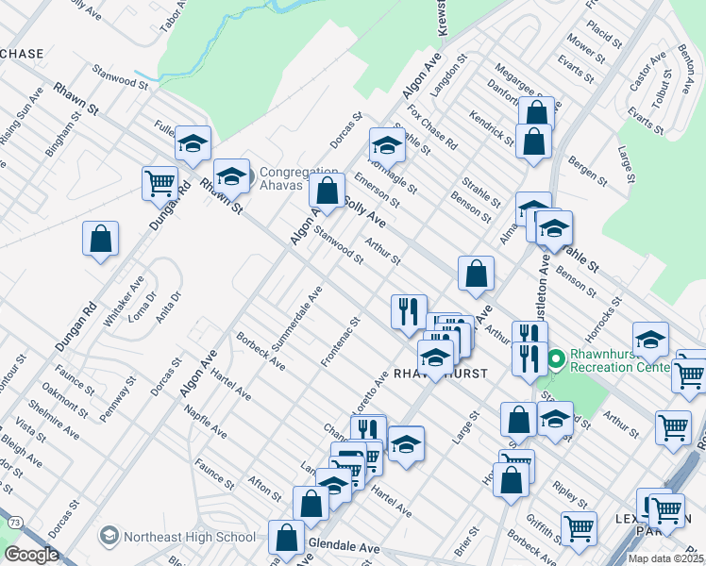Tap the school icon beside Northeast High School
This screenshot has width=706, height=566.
(x=109, y=536)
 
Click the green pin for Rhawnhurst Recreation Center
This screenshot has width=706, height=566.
(x=556, y=358)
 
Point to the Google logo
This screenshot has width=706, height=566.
(x=30, y=555)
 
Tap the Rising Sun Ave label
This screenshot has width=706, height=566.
(x=22, y=117)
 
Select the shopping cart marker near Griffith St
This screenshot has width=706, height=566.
(x=579, y=528)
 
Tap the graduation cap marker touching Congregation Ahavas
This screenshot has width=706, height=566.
(x=232, y=176)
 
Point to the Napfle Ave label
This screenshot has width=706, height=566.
(x=206, y=422)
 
